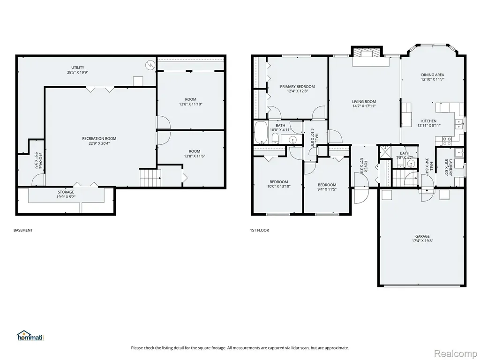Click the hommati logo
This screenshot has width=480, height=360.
(30, 336)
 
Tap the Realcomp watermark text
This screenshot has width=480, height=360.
(456, 353)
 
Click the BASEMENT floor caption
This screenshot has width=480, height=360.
(23, 230)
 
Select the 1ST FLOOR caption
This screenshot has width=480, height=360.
(259, 230)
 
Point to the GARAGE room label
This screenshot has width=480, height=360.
(422, 236)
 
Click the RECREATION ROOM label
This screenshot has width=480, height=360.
(99, 139)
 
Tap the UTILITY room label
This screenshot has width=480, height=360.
(78, 67)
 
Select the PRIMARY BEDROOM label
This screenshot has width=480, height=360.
(297, 87)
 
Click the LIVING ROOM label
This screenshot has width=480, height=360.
(364, 102)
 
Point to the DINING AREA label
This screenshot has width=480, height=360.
(433, 75)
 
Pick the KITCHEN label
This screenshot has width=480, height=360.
(429, 121)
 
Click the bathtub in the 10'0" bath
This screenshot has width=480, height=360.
(261, 132)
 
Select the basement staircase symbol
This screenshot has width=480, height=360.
(150, 178)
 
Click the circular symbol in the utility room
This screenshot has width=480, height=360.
(150, 65)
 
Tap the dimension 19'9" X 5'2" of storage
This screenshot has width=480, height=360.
(66, 197)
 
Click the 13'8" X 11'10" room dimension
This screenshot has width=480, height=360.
(191, 104)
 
